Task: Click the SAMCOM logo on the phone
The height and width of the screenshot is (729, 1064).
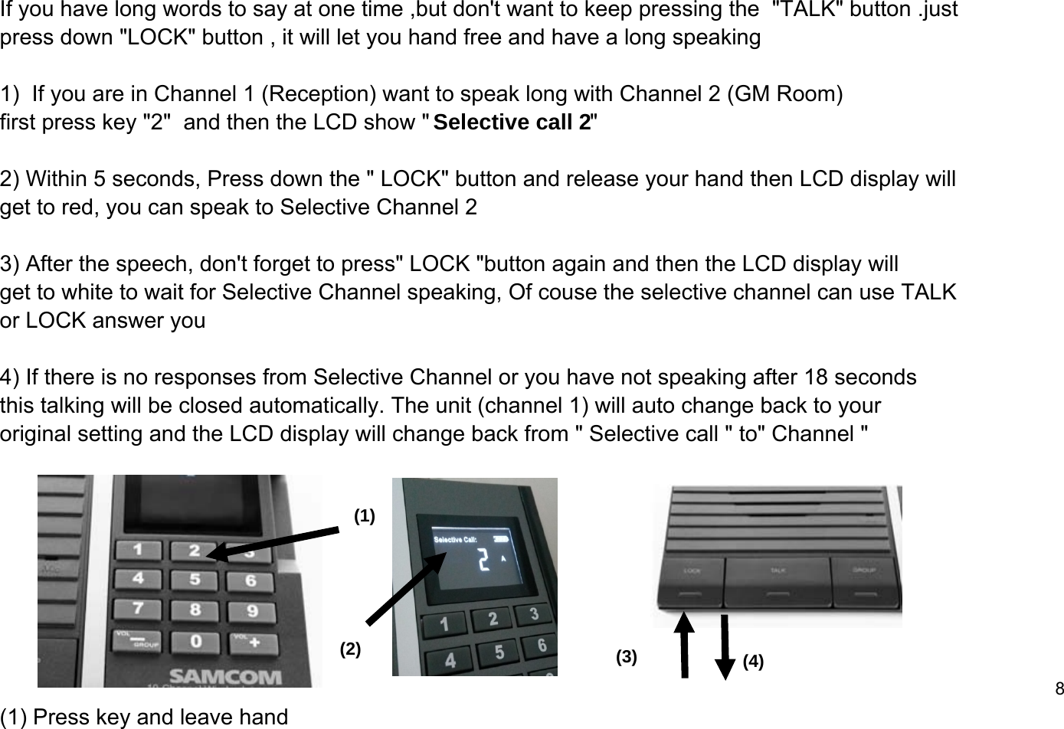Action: pyautogui.click(x=225, y=677)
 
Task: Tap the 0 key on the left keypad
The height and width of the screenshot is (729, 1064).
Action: pyautogui.click(x=197, y=639)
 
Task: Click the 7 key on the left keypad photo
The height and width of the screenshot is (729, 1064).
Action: pyautogui.click(x=138, y=608)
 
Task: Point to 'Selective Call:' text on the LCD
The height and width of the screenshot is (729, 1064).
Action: pyautogui.click(x=457, y=539)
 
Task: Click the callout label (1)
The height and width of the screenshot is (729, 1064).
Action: pyautogui.click(x=365, y=517)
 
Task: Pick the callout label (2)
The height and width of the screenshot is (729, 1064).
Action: pyautogui.click(x=350, y=649)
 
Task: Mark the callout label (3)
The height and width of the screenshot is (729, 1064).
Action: pyautogui.click(x=627, y=657)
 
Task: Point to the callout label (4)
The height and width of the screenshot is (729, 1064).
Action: pyautogui.click(x=754, y=662)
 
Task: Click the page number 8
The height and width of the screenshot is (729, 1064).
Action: pyautogui.click(x=1059, y=688)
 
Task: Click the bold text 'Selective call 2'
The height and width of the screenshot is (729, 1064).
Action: pyautogui.click(x=512, y=123)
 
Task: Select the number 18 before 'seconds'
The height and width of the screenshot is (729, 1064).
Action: pyautogui.click(x=815, y=378)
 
